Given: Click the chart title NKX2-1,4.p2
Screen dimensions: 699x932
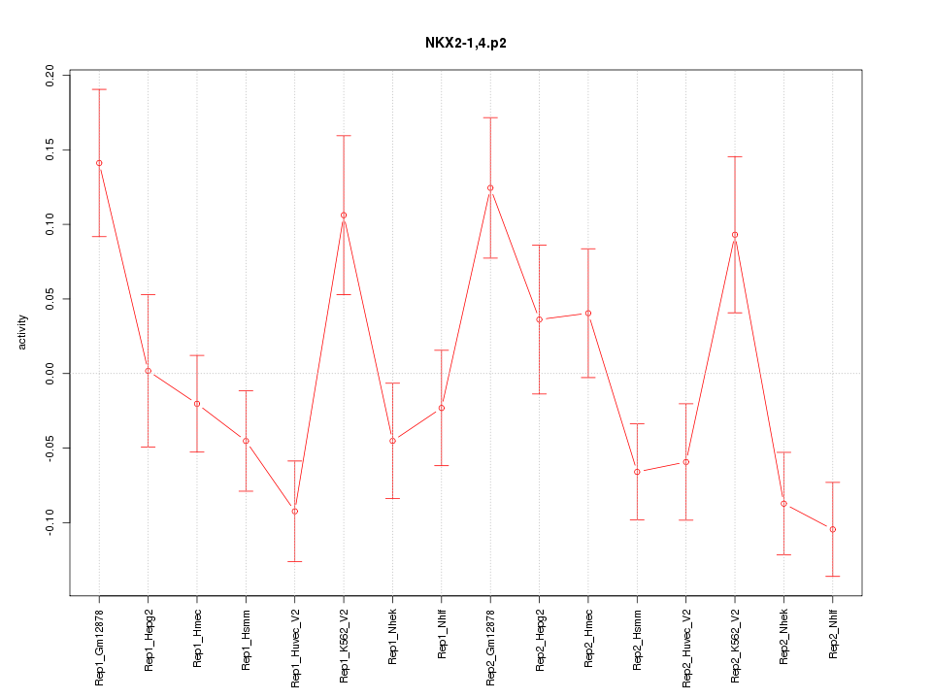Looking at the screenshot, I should (x=466, y=43).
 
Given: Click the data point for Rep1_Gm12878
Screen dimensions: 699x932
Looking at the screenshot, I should (x=99, y=163).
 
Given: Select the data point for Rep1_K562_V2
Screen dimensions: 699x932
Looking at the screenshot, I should (x=344, y=216).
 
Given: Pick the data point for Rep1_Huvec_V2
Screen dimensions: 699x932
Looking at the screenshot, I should (x=294, y=511).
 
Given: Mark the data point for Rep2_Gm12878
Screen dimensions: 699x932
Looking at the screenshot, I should (x=490, y=188).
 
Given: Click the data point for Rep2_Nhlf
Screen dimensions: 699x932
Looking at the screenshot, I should (x=833, y=529).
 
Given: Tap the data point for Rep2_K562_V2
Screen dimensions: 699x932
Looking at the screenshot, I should (x=735, y=235).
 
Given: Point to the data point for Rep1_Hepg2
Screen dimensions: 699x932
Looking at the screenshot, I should (x=148, y=371).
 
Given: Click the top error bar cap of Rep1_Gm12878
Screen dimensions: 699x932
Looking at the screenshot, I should (x=99, y=89).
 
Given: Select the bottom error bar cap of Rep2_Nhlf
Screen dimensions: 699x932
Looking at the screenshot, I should (x=833, y=577).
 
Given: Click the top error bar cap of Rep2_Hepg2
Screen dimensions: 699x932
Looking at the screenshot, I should (x=539, y=246).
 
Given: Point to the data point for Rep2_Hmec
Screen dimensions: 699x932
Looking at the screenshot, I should (x=588, y=314).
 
